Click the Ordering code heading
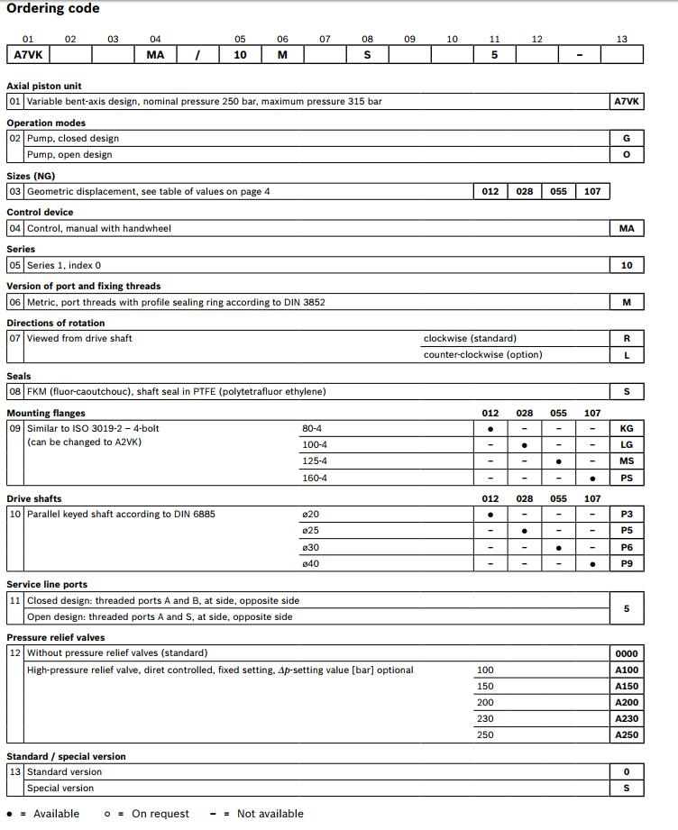pos(53,9)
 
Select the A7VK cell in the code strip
pos(30,55)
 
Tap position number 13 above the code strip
pos(622,39)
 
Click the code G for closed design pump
pos(627,139)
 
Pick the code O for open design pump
pos(627,155)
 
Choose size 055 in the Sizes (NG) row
pos(559,192)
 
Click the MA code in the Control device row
pos(627,229)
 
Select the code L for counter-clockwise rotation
pos(627,355)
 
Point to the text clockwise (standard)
pos(470,339)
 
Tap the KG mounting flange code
pos(627,429)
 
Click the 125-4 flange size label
pos(315,461)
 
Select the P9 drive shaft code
pos(627,564)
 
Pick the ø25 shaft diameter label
pos(311,531)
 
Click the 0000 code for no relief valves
pos(627,653)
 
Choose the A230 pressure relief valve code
pos(627,719)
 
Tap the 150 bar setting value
pos(485,686)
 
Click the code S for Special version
pos(627,789)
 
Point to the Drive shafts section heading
pos(34,498)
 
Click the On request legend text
pos(160,814)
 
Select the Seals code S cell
pos(627,392)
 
